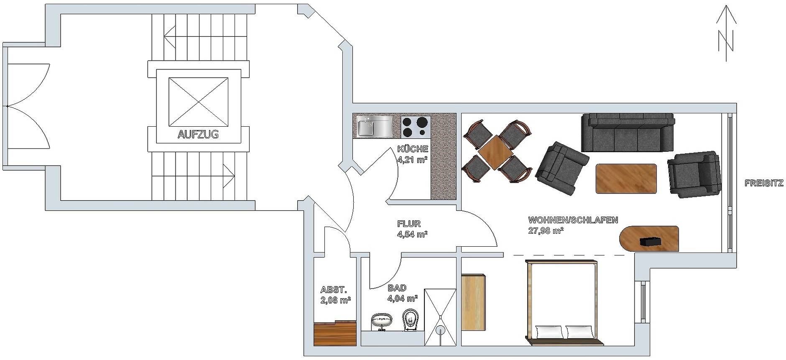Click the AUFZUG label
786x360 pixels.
198,135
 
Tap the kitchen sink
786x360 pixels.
375,126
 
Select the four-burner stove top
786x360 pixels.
416,127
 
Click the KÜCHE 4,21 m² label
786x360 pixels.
413,153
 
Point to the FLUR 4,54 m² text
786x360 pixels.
411,229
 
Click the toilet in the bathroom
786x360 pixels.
411,320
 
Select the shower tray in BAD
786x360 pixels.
440,317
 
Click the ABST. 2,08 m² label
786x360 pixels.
335,294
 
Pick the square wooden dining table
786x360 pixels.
496,152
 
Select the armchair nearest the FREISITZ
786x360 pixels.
694,174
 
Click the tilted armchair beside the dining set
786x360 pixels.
561,168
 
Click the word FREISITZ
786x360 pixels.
764,183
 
